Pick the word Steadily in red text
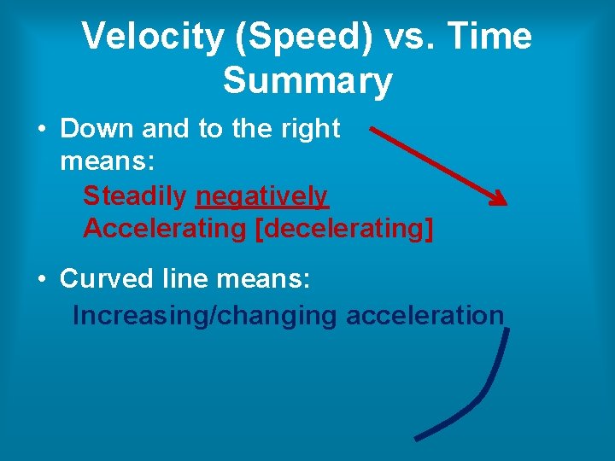tap(135, 196)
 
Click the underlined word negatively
tap(261, 196)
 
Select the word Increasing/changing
tap(205, 315)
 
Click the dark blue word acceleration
tap(425, 315)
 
